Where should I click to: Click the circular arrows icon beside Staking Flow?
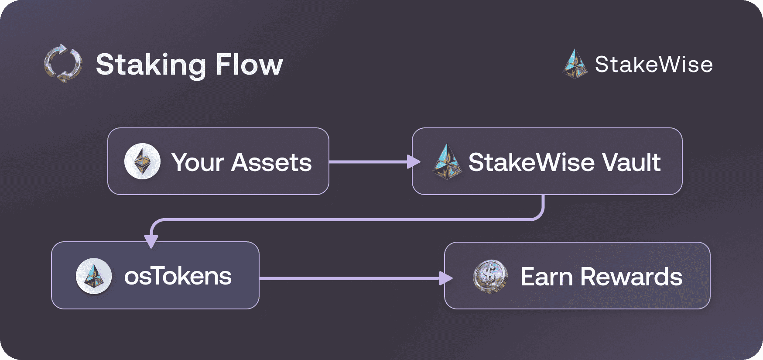[63, 64]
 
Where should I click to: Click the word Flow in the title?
[249, 65]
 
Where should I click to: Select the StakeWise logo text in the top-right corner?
[654, 65]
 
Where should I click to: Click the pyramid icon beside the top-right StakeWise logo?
[575, 65]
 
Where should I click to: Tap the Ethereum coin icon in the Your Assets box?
[142, 161]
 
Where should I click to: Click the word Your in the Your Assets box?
[197, 162]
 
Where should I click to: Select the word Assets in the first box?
[271, 162]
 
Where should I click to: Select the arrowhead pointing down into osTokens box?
[151, 241]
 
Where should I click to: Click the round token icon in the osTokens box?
[94, 276]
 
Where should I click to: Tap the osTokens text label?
[178, 276]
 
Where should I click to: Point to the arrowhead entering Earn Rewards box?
[445, 278]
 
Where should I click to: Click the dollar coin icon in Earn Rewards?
[490, 277]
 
